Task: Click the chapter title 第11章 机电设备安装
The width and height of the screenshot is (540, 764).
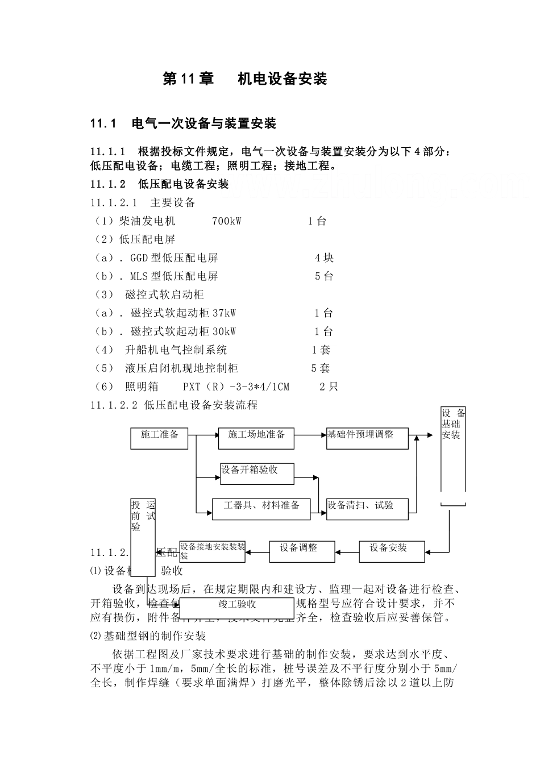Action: click(245, 79)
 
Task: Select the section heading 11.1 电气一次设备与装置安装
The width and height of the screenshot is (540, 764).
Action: click(183, 123)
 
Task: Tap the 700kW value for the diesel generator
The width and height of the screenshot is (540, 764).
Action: click(226, 221)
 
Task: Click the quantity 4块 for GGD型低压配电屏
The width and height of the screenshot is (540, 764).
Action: click(324, 258)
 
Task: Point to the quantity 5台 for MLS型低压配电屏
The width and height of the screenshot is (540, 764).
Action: click(324, 276)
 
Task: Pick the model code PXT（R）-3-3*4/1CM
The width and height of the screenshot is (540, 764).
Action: click(236, 387)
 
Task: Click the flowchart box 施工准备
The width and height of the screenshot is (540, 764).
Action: click(160, 438)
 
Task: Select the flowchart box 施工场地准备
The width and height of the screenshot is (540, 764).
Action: click(256, 438)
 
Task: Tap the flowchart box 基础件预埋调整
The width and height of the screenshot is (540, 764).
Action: click(367, 438)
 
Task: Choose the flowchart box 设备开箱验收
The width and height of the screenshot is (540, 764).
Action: click(257, 473)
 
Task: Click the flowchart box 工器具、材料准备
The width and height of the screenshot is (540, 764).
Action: click(261, 508)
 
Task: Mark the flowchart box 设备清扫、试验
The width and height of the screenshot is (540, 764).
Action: click(367, 508)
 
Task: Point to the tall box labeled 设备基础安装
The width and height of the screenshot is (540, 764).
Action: click(454, 449)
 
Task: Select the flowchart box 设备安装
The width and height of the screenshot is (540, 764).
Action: click(392, 551)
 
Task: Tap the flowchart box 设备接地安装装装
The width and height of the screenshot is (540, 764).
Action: click(213, 551)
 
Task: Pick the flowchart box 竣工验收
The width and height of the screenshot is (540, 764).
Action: click(237, 607)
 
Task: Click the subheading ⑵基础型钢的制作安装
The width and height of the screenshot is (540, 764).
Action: click(148, 636)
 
